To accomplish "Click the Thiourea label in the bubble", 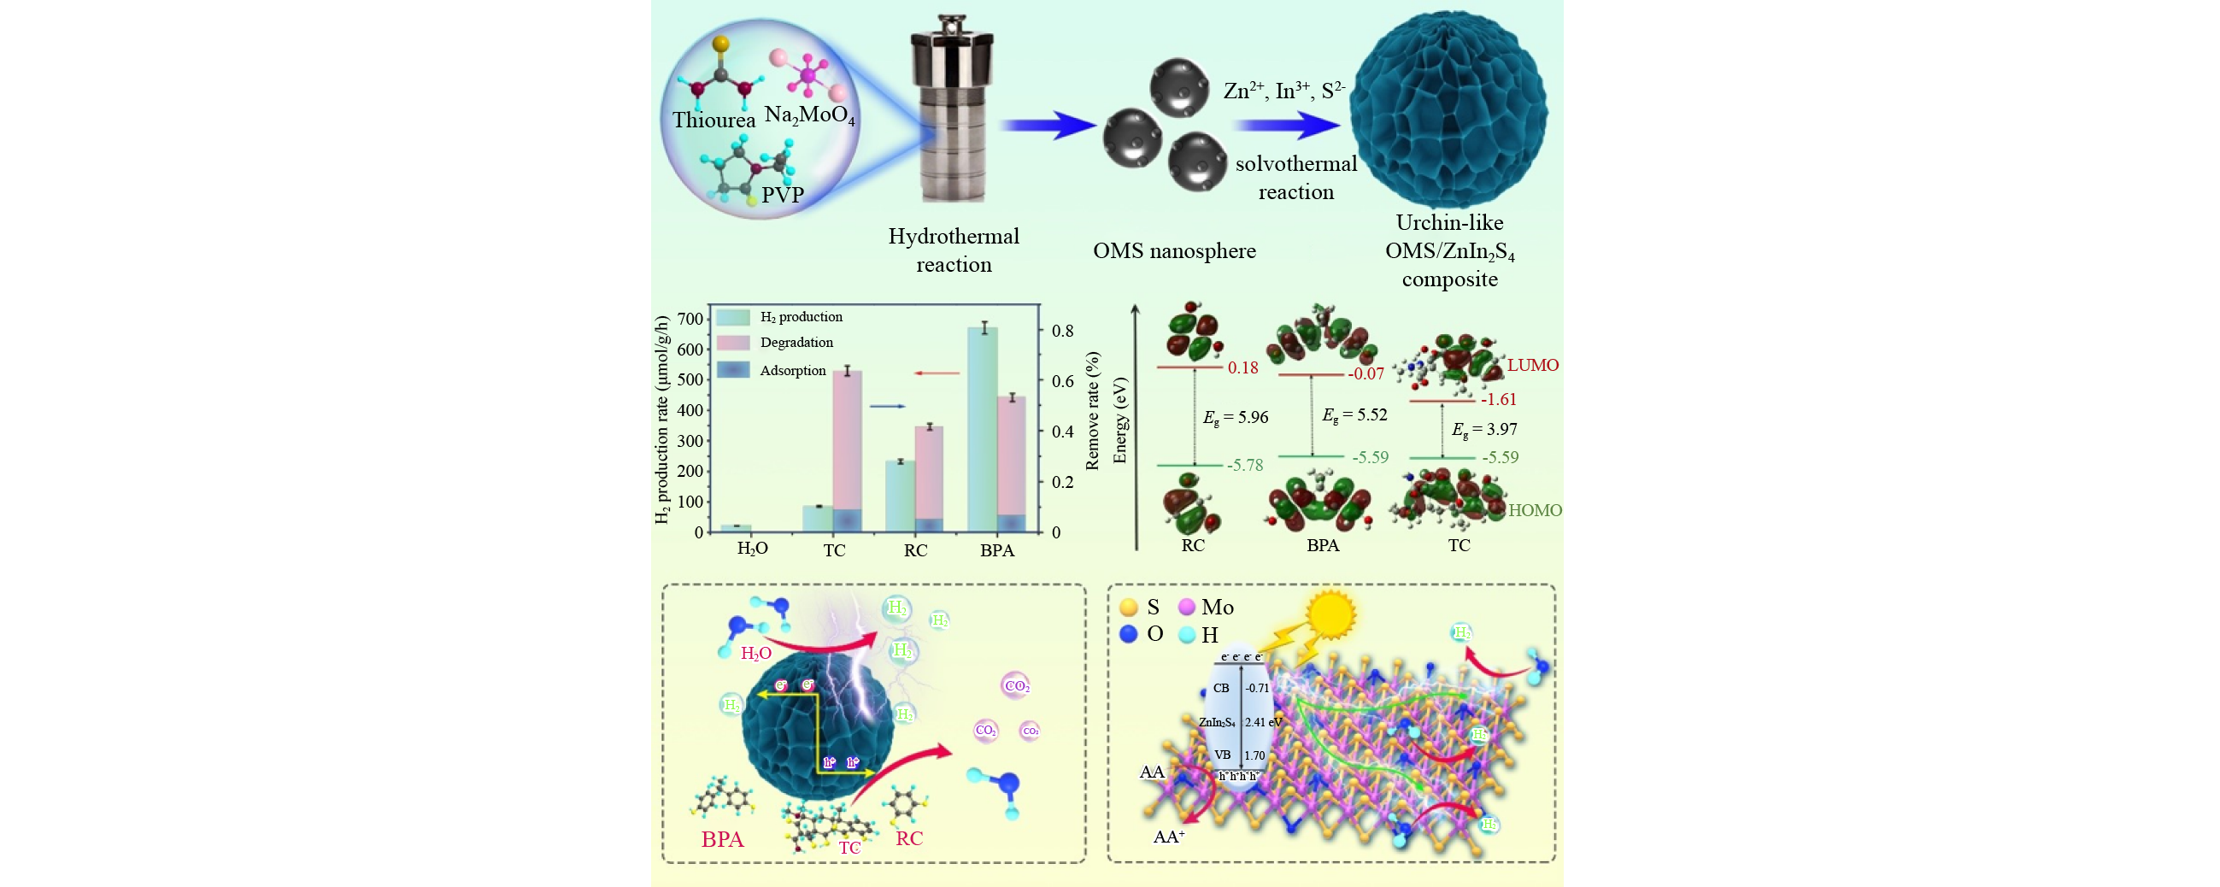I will point(714,120).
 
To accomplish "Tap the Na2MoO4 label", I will point(809,115).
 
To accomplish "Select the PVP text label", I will point(783,195).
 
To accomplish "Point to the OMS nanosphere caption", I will point(1174,251).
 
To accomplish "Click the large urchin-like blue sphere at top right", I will point(1448,109).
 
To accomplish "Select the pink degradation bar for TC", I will point(847,439).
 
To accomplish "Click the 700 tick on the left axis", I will point(690,319).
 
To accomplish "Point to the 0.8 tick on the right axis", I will point(1063,331).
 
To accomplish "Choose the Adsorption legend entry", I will point(792,371).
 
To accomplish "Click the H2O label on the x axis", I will point(752,549).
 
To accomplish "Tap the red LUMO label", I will point(1532,365).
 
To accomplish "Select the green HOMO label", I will point(1535,510).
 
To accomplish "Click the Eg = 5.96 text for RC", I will point(1235,417).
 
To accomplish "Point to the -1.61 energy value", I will point(1499,399).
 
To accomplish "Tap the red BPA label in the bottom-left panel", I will point(722,840).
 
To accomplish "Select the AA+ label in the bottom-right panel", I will point(1169,836).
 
